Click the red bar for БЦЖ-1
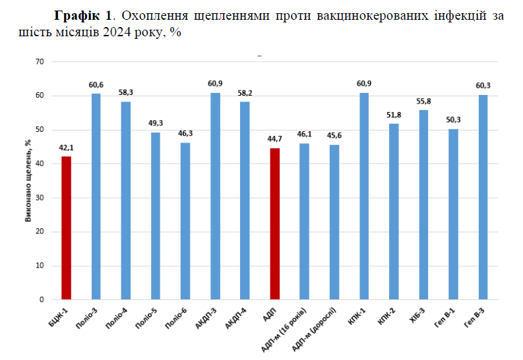(x=66, y=227)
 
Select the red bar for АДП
(x=274, y=224)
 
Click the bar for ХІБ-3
(x=423, y=204)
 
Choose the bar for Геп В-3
(x=483, y=197)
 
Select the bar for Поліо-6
(x=185, y=221)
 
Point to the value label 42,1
(x=66, y=148)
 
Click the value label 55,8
(x=423, y=102)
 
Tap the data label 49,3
(x=156, y=124)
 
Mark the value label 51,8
(x=394, y=115)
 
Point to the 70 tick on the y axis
(x=40, y=62)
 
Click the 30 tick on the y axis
(x=40, y=198)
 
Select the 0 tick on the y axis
(x=42, y=300)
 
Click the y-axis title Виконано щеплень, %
(x=28, y=180)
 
